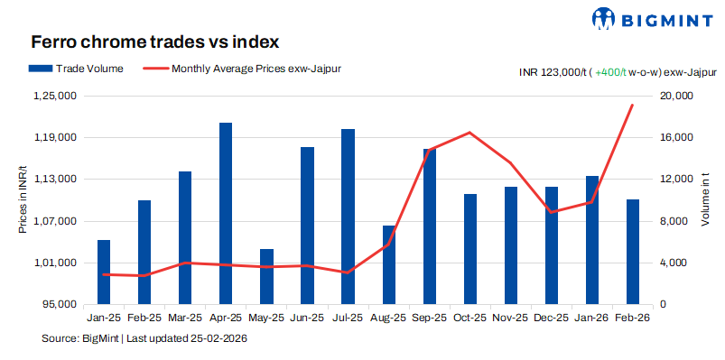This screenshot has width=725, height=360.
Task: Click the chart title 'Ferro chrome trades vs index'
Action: [154, 42]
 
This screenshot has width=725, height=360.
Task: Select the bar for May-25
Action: [266, 276]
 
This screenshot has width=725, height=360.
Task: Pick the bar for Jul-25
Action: [348, 217]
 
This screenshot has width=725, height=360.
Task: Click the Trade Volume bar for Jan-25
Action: [104, 272]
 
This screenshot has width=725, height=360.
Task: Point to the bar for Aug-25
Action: [388, 264]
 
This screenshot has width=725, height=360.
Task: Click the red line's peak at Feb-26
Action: [632, 105]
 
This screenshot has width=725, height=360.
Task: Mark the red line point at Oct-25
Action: [469, 133]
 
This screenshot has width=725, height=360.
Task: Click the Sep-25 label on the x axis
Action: [429, 318]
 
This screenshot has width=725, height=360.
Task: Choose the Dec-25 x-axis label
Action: [551, 318]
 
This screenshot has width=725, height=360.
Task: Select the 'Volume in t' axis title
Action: [706, 199]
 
